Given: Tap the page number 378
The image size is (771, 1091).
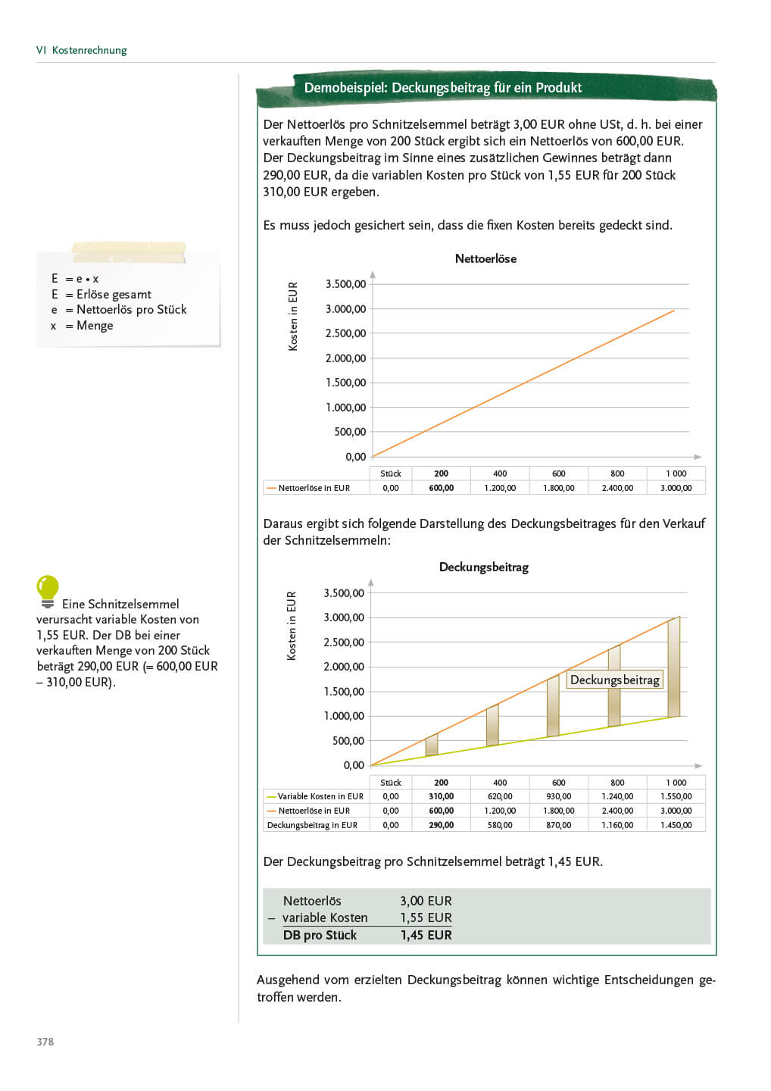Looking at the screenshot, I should pos(45,1042).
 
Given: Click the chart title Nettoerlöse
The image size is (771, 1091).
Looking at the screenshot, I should pos(485,258).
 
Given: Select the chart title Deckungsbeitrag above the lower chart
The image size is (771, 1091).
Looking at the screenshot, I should pos(484,567).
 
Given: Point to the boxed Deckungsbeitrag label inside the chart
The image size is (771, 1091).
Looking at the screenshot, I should pos(614,680).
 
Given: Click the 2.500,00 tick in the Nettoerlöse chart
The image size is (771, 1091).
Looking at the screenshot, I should pos(345,333).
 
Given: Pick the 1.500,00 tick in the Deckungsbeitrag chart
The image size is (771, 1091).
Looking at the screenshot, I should pos(344,691).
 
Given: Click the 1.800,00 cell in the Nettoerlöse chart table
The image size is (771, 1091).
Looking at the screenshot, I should pos(559,488).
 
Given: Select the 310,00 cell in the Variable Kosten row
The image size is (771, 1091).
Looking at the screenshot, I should pos(441,796).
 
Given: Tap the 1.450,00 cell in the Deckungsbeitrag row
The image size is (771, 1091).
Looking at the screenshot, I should pos(676,825).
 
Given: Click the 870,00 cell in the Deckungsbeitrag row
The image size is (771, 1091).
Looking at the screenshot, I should pos(559,825).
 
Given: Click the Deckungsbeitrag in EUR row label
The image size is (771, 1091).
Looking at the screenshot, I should pos(312,825).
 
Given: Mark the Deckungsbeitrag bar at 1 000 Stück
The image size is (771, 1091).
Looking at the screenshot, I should pos(673,667).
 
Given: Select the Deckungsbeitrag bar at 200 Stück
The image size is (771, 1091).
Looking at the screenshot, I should pos(432,745).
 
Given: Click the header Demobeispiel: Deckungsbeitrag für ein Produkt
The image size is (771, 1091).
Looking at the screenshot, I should pos(442,88).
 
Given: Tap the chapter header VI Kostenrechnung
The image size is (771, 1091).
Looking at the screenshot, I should pos(82,50).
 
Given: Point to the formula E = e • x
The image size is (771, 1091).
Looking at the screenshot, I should pos(75,278).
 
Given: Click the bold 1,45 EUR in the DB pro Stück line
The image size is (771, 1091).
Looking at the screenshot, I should pos(426,935).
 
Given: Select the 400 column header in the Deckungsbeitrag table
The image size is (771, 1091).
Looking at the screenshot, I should pos(500,783).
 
